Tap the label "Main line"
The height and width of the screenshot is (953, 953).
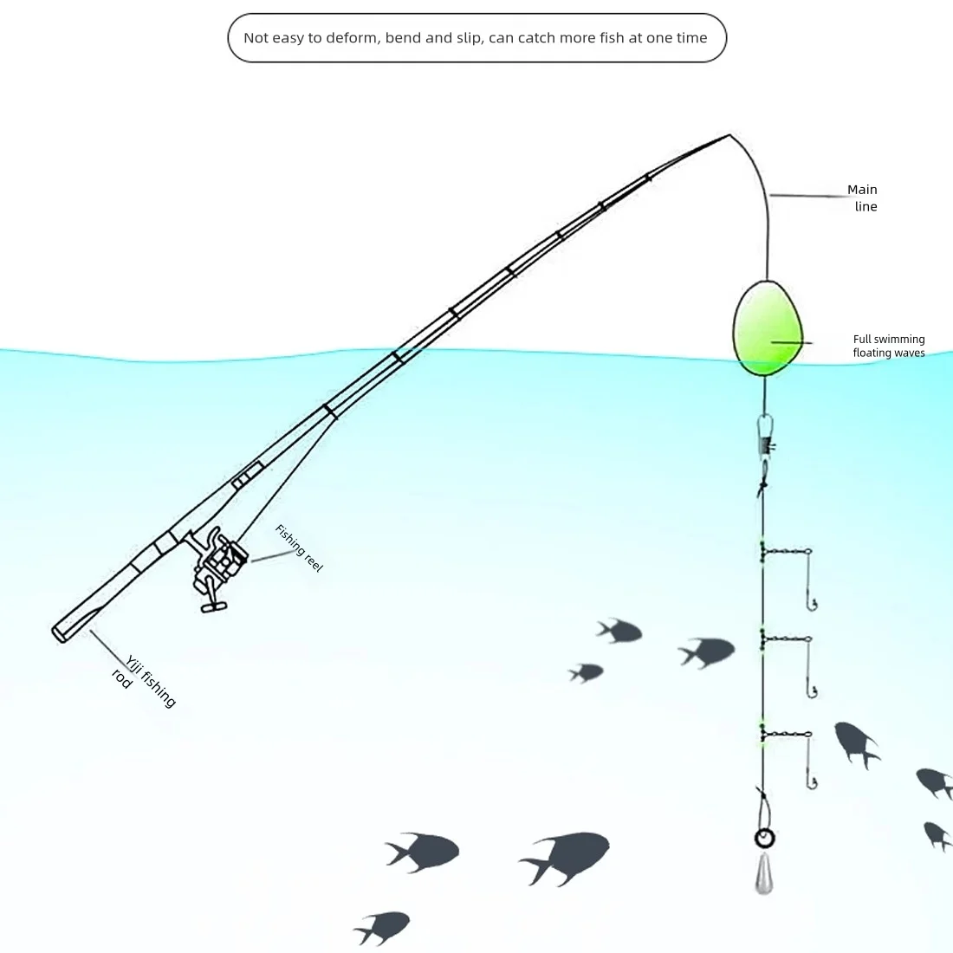(863, 198)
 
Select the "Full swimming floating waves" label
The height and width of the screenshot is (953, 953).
(889, 346)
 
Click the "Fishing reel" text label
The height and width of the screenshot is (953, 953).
(299, 548)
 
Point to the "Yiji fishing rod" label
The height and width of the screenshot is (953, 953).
(145, 681)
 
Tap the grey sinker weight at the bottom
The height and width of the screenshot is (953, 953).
(764, 872)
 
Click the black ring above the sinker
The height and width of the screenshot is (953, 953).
(764, 838)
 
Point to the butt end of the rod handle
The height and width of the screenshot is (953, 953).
(61, 633)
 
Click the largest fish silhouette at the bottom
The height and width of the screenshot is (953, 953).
(567, 858)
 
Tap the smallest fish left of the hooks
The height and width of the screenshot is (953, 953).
(587, 672)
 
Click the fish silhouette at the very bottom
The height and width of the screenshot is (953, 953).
(383, 927)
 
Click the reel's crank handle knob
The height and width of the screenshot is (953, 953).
(213, 607)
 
